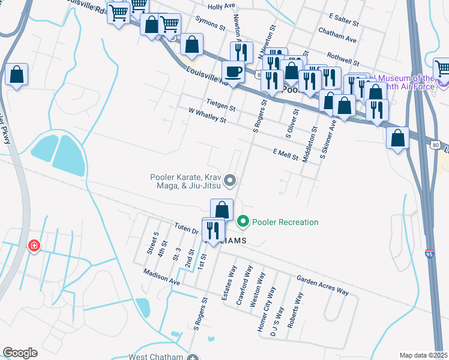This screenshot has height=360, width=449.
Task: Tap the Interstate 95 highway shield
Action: pos(429,254)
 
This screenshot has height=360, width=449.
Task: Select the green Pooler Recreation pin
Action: pos(243,222)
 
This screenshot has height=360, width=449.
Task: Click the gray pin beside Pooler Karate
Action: pos(229,180)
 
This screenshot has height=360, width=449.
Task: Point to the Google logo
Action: pos(20,353)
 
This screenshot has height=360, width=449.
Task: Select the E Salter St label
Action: pos(344,20)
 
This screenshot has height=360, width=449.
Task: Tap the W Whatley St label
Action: pos(206,115)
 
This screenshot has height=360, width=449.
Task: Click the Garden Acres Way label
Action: pos(323,285)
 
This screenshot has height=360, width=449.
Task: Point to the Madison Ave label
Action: pos(162,277)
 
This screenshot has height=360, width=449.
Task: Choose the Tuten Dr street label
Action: pos(186,229)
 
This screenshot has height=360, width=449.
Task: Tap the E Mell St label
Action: pos(286,154)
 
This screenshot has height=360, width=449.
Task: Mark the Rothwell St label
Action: pos(339,60)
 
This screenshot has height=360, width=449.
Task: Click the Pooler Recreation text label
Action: pos(285,222)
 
